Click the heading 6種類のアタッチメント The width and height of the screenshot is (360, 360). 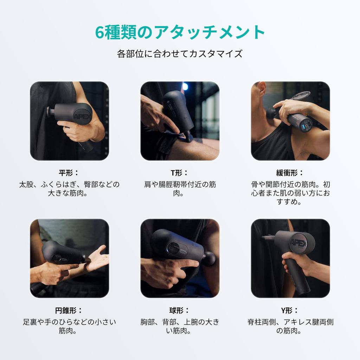click(180, 32)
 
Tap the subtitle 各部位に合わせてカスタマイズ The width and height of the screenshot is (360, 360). click(180, 54)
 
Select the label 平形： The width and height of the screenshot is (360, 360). click(69, 173)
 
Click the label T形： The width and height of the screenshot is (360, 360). click(179, 173)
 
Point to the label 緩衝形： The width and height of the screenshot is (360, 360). click(290, 173)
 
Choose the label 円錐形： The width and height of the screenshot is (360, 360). click(69, 311)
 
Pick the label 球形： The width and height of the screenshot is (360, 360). click(179, 311)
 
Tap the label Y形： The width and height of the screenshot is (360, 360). click(290, 311)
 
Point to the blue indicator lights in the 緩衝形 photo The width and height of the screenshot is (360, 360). click(303, 127)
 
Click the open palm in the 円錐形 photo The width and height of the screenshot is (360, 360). click(98, 259)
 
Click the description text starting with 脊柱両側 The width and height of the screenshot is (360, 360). click(290, 326)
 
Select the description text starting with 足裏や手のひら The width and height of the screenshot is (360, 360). click(69, 326)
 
